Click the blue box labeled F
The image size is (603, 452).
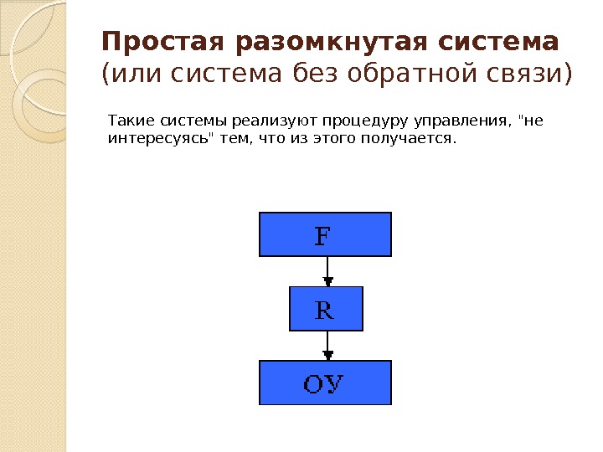click(325, 234)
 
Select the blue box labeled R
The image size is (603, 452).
click(325, 309)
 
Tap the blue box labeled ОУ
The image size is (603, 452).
click(325, 383)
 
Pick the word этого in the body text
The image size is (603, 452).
click(334, 137)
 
